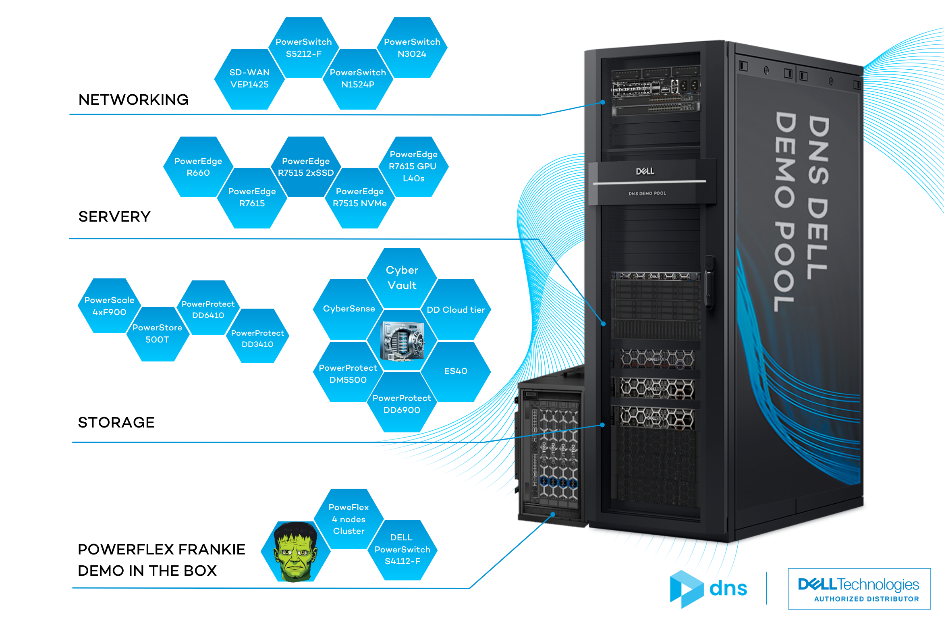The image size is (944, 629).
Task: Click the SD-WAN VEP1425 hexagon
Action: [249, 79]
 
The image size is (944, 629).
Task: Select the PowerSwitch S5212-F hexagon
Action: [304, 48]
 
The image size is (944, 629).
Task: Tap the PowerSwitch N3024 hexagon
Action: [412, 48]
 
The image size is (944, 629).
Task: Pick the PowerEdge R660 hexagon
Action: [198, 167]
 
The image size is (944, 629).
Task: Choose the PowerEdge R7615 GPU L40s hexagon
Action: [413, 167]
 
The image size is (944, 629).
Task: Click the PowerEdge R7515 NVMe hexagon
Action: [360, 198]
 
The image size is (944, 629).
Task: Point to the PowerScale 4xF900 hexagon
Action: [109, 306]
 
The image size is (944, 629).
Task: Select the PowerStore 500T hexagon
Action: [158, 334]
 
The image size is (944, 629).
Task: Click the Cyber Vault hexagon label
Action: [402, 278]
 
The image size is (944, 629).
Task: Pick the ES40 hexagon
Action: [456, 371]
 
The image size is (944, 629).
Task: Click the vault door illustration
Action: [402, 341]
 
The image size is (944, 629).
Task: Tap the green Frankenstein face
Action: [295, 552]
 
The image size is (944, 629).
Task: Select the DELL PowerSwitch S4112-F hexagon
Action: [402, 550]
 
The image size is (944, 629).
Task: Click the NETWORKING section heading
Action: [133, 100]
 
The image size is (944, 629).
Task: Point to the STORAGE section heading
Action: [116, 422]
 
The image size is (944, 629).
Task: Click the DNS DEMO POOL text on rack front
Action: [647, 193]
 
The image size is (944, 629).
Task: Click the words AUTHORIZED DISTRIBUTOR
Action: [867, 599]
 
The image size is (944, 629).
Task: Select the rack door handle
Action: [710, 282]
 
